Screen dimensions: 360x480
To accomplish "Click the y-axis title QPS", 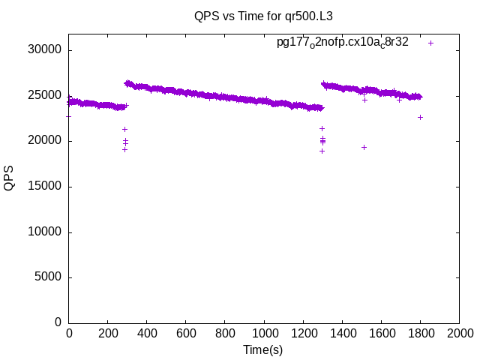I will point(9,178).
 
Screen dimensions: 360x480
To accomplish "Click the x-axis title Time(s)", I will point(263,349).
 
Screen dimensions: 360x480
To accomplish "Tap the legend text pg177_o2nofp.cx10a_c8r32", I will point(343,43).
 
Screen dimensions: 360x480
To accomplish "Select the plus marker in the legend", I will point(430,43).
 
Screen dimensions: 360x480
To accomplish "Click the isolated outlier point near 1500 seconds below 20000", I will point(364,147).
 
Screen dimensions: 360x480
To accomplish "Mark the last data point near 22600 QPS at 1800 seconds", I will point(420,117).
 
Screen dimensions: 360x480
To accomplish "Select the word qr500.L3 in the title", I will point(298,15).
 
